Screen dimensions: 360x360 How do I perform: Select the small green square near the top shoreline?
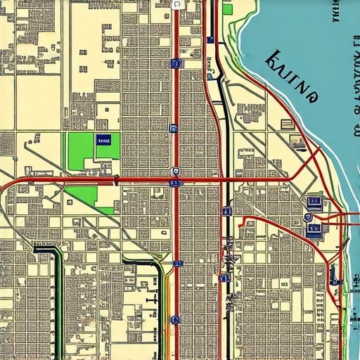click(x=227, y=9)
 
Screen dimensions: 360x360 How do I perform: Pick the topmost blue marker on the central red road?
click(x=175, y=63)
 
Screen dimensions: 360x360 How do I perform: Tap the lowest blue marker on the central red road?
click(x=175, y=320)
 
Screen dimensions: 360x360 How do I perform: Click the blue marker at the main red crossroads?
click(x=174, y=183)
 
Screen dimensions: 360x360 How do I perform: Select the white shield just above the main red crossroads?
click(x=174, y=171)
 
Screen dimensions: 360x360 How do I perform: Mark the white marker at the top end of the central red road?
click(x=176, y=4)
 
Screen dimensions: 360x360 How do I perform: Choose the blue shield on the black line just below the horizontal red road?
click(x=226, y=211)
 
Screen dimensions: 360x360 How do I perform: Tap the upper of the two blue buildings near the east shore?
click(x=314, y=204)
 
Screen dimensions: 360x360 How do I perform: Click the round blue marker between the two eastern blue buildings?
click(x=308, y=218)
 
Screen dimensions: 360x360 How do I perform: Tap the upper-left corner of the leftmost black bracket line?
click(x=35, y=248)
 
